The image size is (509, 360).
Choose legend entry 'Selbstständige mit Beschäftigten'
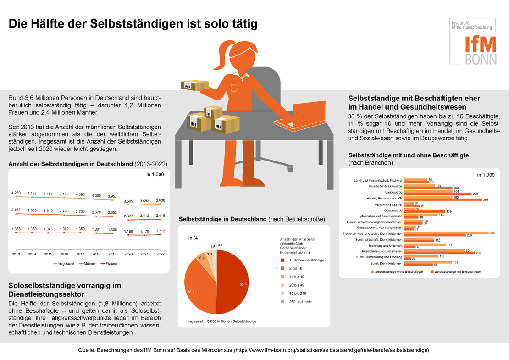(x=456, y=272)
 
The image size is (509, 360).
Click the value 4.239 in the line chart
(x=16, y=193)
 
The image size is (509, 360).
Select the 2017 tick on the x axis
(x=80, y=254)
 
